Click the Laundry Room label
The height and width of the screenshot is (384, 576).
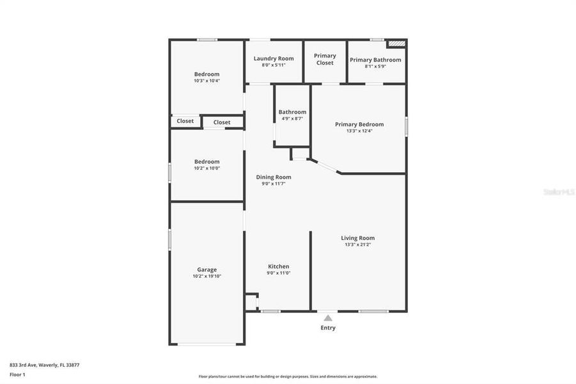tap(274, 58)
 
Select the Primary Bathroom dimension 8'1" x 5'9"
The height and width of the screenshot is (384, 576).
tap(375, 66)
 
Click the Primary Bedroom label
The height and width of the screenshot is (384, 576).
tap(359, 124)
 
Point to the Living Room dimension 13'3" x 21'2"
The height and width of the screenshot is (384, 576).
tap(358, 244)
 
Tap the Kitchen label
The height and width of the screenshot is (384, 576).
tap(279, 266)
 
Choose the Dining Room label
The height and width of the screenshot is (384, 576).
tap(274, 177)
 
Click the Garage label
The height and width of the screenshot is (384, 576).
tap(206, 269)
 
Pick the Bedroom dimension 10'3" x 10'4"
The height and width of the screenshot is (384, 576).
tap(206, 81)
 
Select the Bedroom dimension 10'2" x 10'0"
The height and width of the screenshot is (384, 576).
tap(206, 168)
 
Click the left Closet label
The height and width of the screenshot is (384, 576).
tap(185, 121)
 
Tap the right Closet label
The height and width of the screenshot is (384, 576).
tap(222, 122)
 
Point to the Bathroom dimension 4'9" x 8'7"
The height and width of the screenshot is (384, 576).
tap(292, 118)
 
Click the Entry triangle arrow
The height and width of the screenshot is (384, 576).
tap(328, 317)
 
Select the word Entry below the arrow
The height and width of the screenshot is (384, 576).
tap(328, 328)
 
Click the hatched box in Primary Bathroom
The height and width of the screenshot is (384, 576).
tap(397, 44)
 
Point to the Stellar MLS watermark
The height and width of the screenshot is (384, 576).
tap(558, 191)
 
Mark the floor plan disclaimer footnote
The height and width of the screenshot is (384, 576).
tap(288, 376)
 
